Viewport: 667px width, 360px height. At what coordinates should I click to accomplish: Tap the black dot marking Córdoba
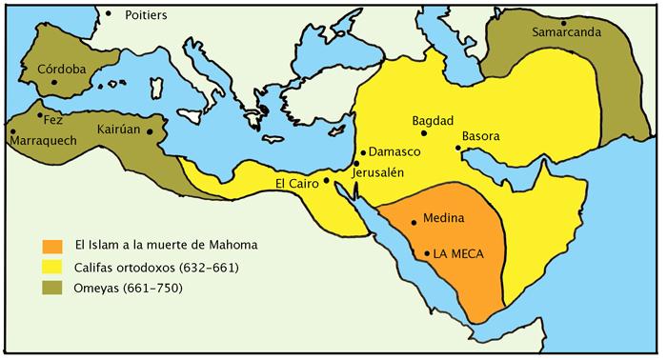click(x=55, y=83)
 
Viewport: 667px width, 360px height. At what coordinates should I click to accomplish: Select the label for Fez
click(x=52, y=119)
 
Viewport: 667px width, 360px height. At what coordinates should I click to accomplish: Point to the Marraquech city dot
click(x=13, y=131)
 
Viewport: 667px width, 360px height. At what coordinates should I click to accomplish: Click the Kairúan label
click(x=120, y=128)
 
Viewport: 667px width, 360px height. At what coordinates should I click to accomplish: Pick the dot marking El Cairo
click(x=327, y=180)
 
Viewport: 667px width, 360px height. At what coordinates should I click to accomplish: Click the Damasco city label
click(x=394, y=151)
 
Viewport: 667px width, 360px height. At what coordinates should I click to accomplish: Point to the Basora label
click(x=480, y=136)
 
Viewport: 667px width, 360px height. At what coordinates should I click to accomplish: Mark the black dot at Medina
click(x=414, y=223)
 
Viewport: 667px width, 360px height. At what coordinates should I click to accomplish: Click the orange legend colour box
click(x=52, y=245)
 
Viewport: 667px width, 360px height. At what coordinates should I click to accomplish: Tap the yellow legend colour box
click(x=52, y=266)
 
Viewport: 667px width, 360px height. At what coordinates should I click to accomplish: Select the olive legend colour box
click(x=52, y=287)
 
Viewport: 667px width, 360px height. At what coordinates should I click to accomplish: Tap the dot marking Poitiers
click(x=109, y=13)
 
